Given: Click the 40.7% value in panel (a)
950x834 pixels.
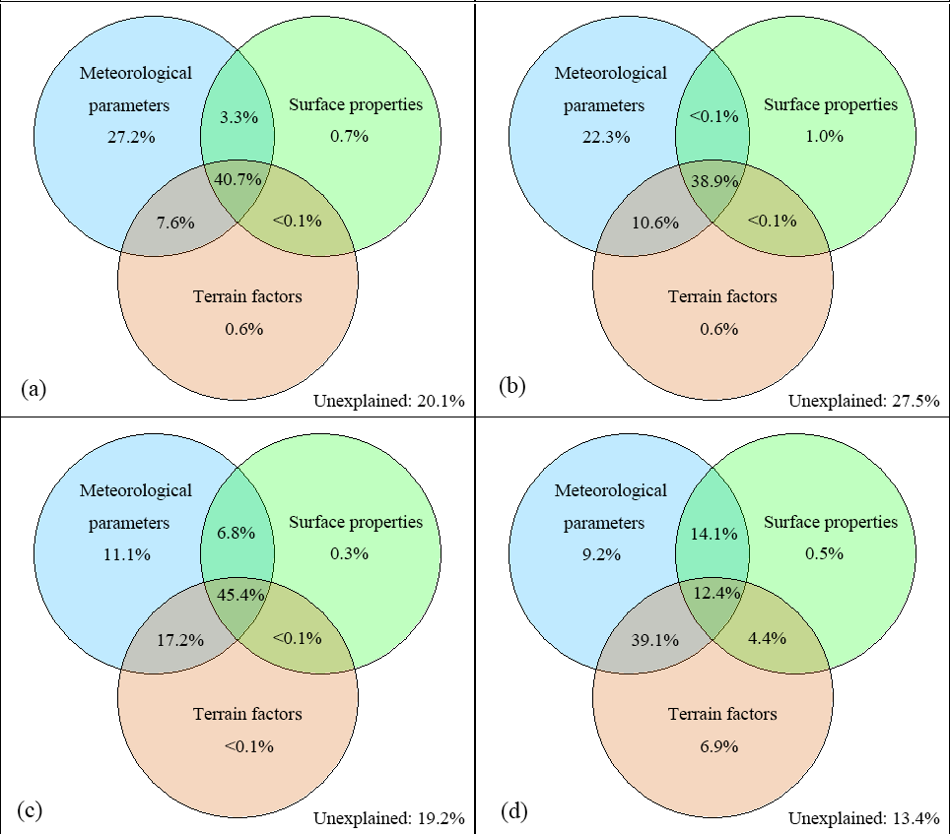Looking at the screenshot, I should [237, 180].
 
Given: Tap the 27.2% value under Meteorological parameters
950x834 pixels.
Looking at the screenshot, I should [131, 137].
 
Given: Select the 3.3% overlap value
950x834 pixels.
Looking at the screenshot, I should [237, 117].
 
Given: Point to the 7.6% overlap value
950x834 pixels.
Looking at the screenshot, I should [174, 222].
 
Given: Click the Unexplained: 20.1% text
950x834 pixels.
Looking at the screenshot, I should [389, 401].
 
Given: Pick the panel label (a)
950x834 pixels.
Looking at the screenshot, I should [33, 388].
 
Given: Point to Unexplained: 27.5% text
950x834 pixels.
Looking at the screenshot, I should [864, 401].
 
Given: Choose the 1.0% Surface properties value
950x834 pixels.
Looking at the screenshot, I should [824, 137].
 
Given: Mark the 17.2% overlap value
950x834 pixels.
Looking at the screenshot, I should [178, 639].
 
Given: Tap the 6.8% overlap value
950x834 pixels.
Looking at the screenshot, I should [237, 534].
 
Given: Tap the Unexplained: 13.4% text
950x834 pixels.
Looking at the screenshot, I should [864, 817].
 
